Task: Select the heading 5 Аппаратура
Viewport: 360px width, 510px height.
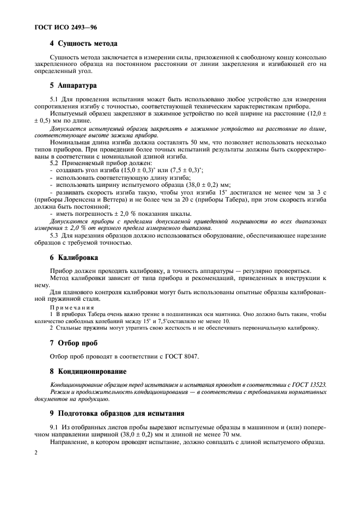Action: [73, 86]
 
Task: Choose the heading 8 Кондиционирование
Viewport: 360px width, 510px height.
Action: [89, 372]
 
